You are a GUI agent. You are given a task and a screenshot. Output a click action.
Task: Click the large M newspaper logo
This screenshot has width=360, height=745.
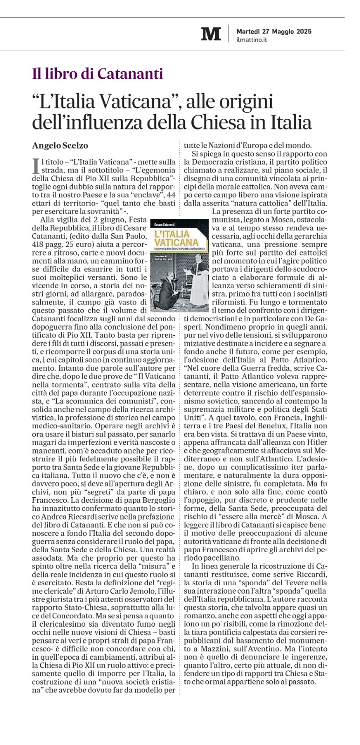tap(211, 34)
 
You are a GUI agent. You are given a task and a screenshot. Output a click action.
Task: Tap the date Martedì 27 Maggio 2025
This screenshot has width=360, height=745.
tap(274, 31)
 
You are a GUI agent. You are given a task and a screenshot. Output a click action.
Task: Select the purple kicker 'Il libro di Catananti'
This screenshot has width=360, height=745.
tap(97, 74)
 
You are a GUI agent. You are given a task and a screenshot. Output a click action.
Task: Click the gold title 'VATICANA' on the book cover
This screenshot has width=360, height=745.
tap(177, 242)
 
